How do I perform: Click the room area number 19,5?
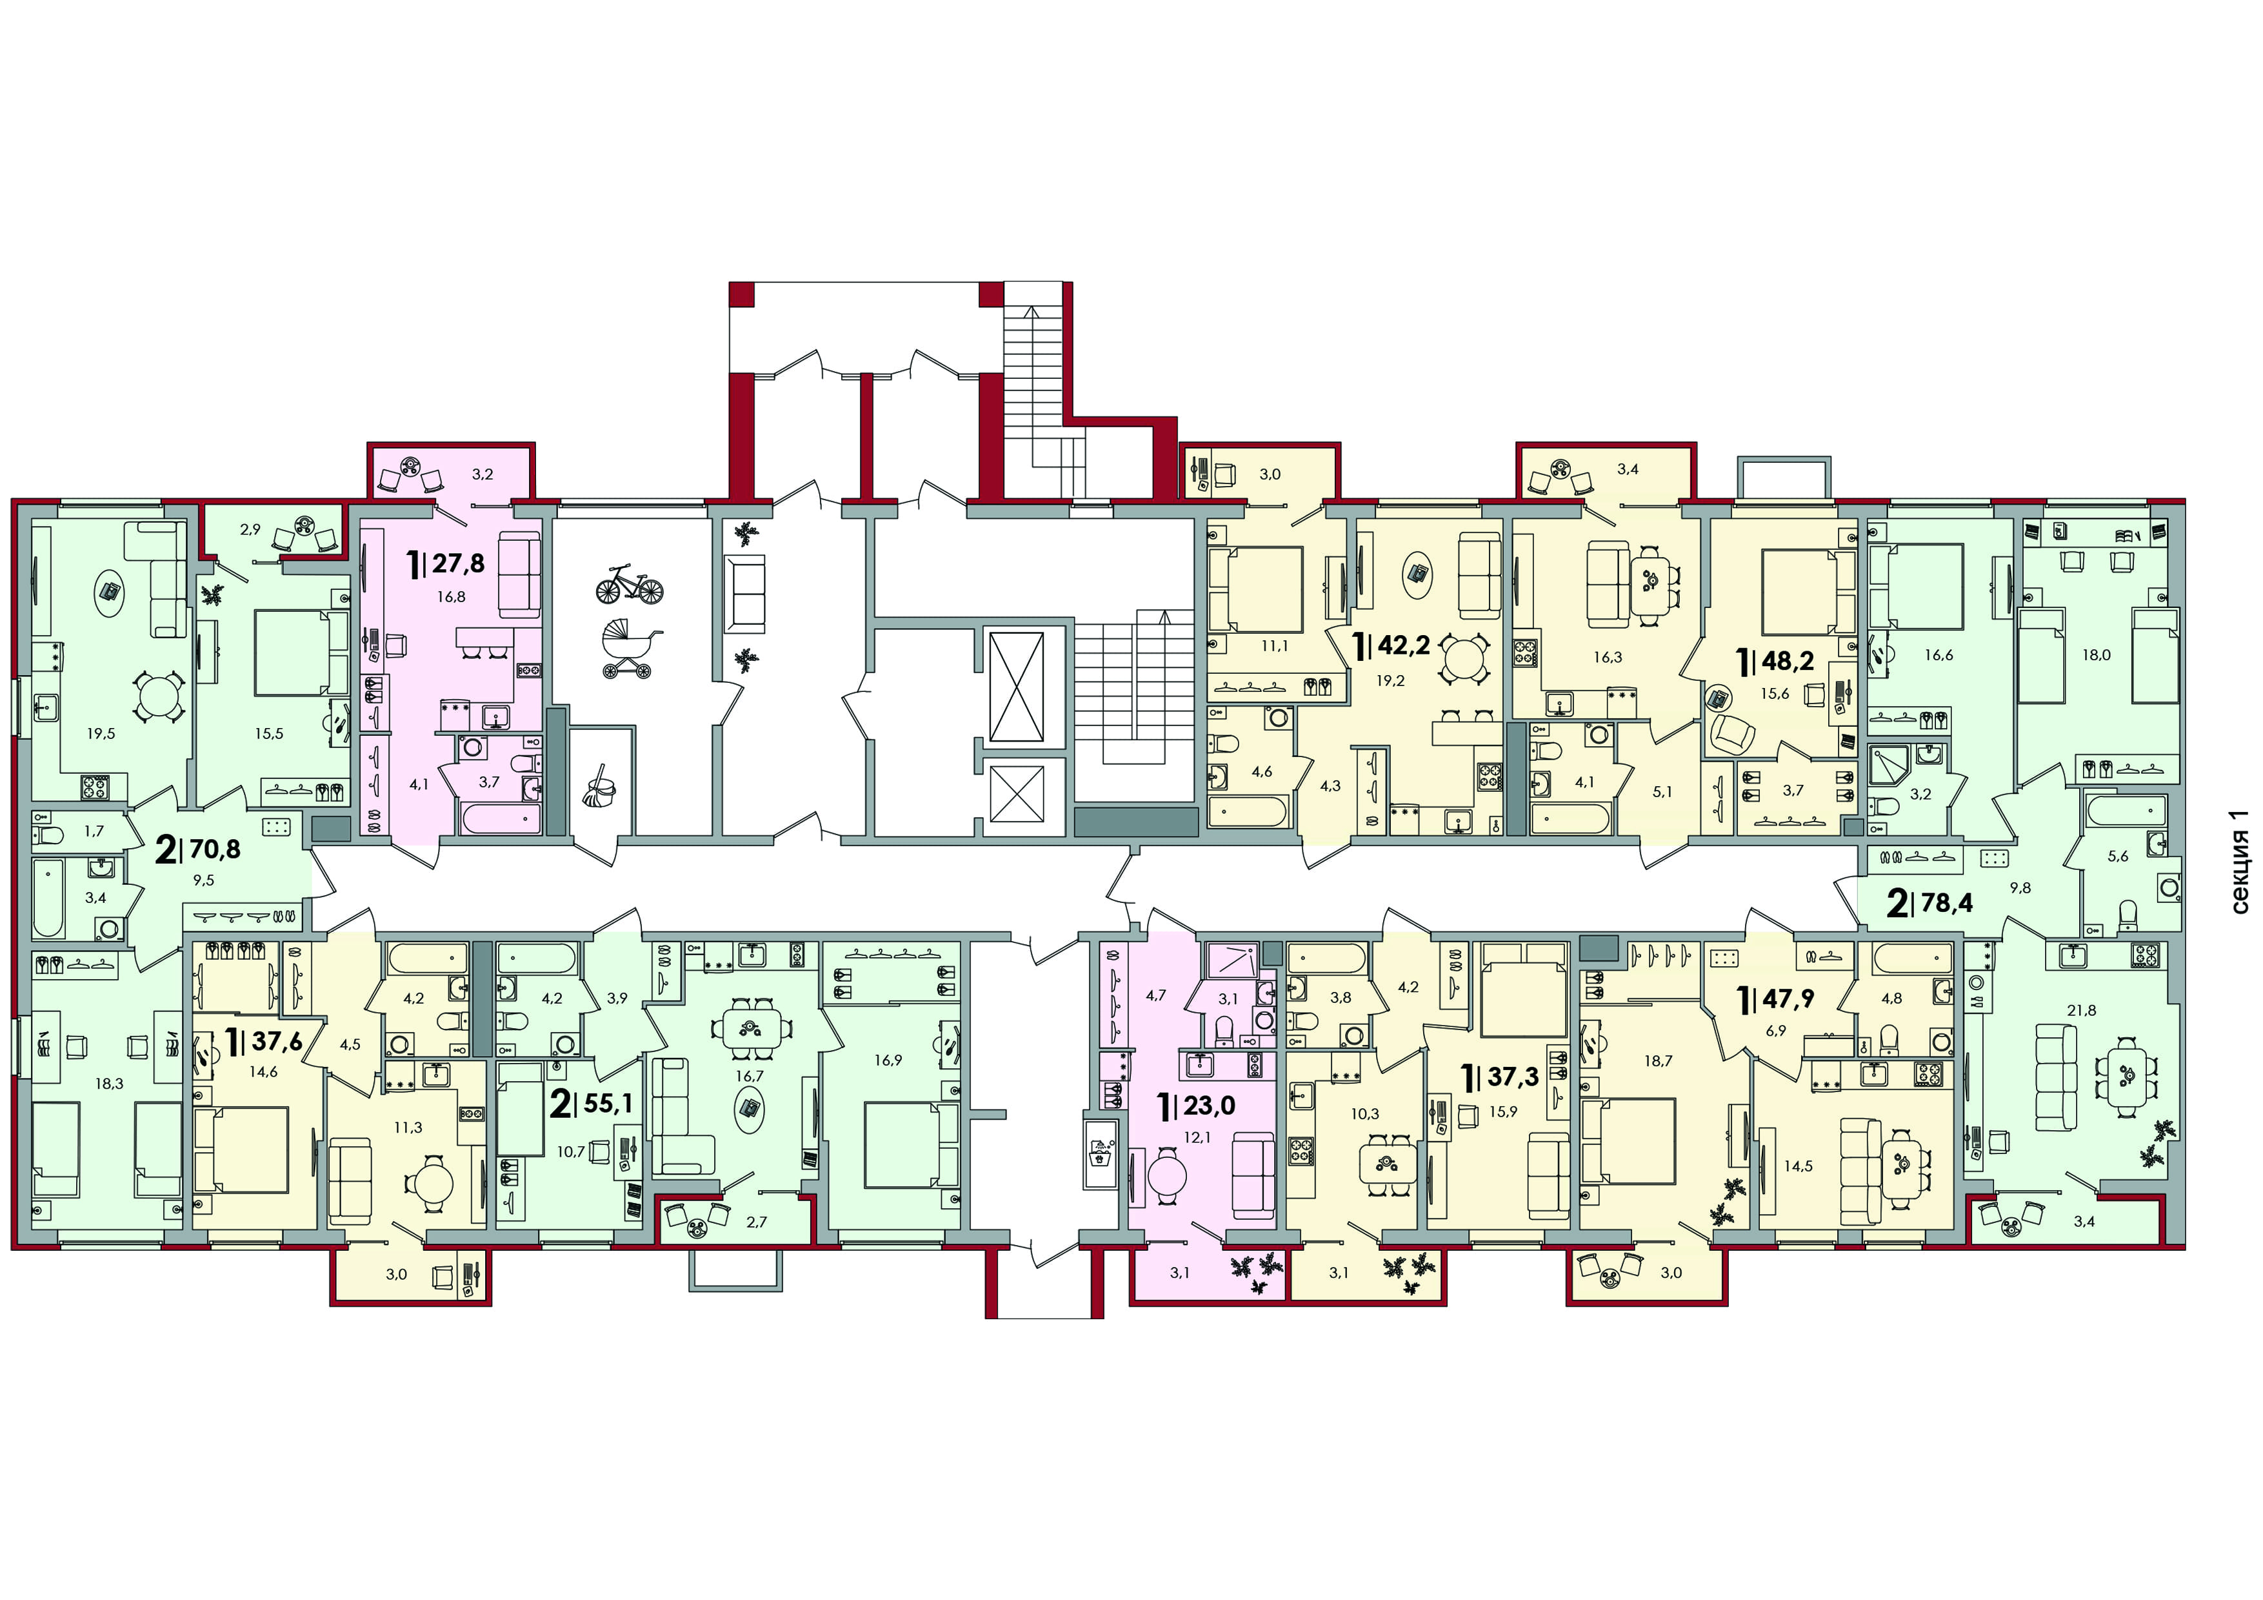(101, 733)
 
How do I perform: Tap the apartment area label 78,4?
(1947, 902)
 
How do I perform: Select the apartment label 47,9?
(1788, 998)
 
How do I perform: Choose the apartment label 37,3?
(1513, 1077)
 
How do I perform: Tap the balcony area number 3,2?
(482, 474)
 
